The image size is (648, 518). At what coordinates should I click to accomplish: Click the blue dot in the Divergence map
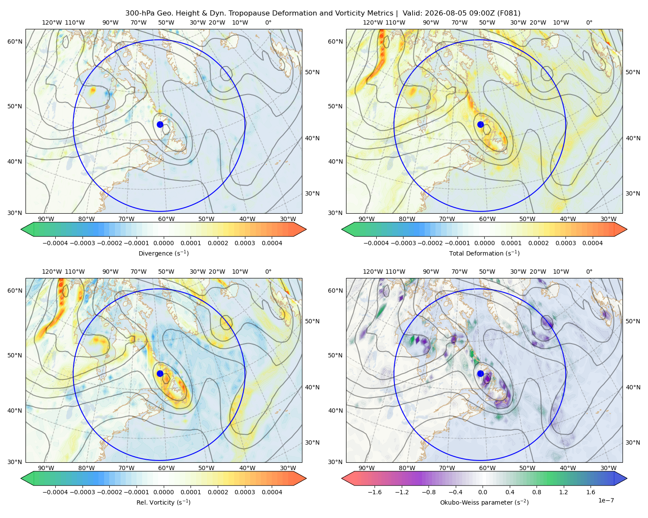pyautogui.click(x=160, y=125)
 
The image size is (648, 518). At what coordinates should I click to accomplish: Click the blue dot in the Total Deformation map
pyautogui.click(x=480, y=125)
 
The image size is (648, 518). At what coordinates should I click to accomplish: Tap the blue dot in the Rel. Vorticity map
pyautogui.click(x=160, y=373)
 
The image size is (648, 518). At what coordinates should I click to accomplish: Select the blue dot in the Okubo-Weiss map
pyautogui.click(x=480, y=373)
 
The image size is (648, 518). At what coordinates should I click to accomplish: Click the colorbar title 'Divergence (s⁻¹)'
pyautogui.click(x=163, y=253)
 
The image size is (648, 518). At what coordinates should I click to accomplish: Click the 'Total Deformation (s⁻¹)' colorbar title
pyautogui.click(x=484, y=253)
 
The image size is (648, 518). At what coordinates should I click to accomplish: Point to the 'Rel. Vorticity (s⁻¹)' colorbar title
pyautogui.click(x=163, y=502)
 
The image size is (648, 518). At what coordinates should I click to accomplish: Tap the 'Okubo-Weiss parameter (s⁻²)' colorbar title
pyautogui.click(x=484, y=502)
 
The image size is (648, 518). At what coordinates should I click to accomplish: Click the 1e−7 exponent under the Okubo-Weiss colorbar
pyautogui.click(x=606, y=501)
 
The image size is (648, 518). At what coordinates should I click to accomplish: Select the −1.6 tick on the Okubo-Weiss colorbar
pyautogui.click(x=375, y=492)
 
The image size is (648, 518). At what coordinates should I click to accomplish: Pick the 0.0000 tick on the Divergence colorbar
pyautogui.click(x=163, y=243)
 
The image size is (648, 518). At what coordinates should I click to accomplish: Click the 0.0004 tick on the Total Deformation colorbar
pyautogui.click(x=593, y=243)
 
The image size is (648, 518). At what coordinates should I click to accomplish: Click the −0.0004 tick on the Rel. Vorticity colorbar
pyautogui.click(x=55, y=492)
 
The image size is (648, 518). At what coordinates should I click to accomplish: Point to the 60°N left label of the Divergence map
pyautogui.click(x=15, y=41)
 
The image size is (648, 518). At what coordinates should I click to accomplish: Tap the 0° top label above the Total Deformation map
pyautogui.click(x=589, y=22)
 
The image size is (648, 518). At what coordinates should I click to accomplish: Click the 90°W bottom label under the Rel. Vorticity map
pyautogui.click(x=46, y=468)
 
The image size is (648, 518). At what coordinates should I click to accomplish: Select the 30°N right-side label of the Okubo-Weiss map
pyautogui.click(x=633, y=442)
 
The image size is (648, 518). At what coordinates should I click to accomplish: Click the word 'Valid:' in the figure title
pyautogui.click(x=412, y=13)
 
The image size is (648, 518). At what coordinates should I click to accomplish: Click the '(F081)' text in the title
pyautogui.click(x=509, y=13)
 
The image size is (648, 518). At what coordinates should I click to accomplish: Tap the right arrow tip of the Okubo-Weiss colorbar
pyautogui.click(x=627, y=478)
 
